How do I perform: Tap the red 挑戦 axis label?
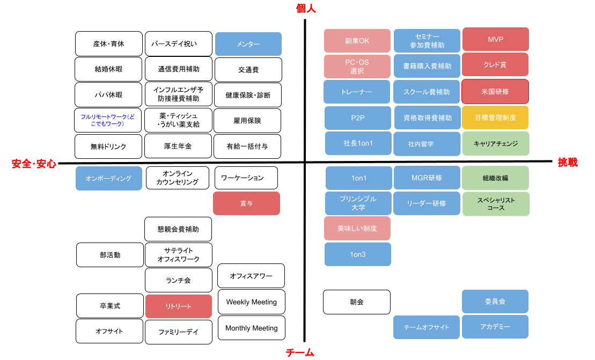click(x=568, y=162)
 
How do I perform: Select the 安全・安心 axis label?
click(x=34, y=164)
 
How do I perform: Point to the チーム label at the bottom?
click(x=300, y=352)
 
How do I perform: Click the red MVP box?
click(x=495, y=39)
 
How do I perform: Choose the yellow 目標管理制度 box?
click(x=495, y=117)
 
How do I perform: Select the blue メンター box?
click(x=248, y=44)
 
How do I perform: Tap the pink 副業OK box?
click(x=357, y=41)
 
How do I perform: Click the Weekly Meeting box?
click(x=251, y=302)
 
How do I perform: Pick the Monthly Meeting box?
click(x=251, y=328)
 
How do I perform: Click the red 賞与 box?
click(x=246, y=203)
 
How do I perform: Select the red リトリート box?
click(x=178, y=306)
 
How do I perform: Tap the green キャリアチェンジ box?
click(x=495, y=143)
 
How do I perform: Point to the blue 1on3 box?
click(x=357, y=254)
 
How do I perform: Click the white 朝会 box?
click(x=356, y=302)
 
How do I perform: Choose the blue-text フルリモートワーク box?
click(x=108, y=120)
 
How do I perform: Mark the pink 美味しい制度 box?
click(x=357, y=228)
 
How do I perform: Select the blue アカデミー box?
click(x=495, y=327)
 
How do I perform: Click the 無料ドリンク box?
click(x=108, y=145)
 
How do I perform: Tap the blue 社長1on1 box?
click(x=358, y=143)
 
